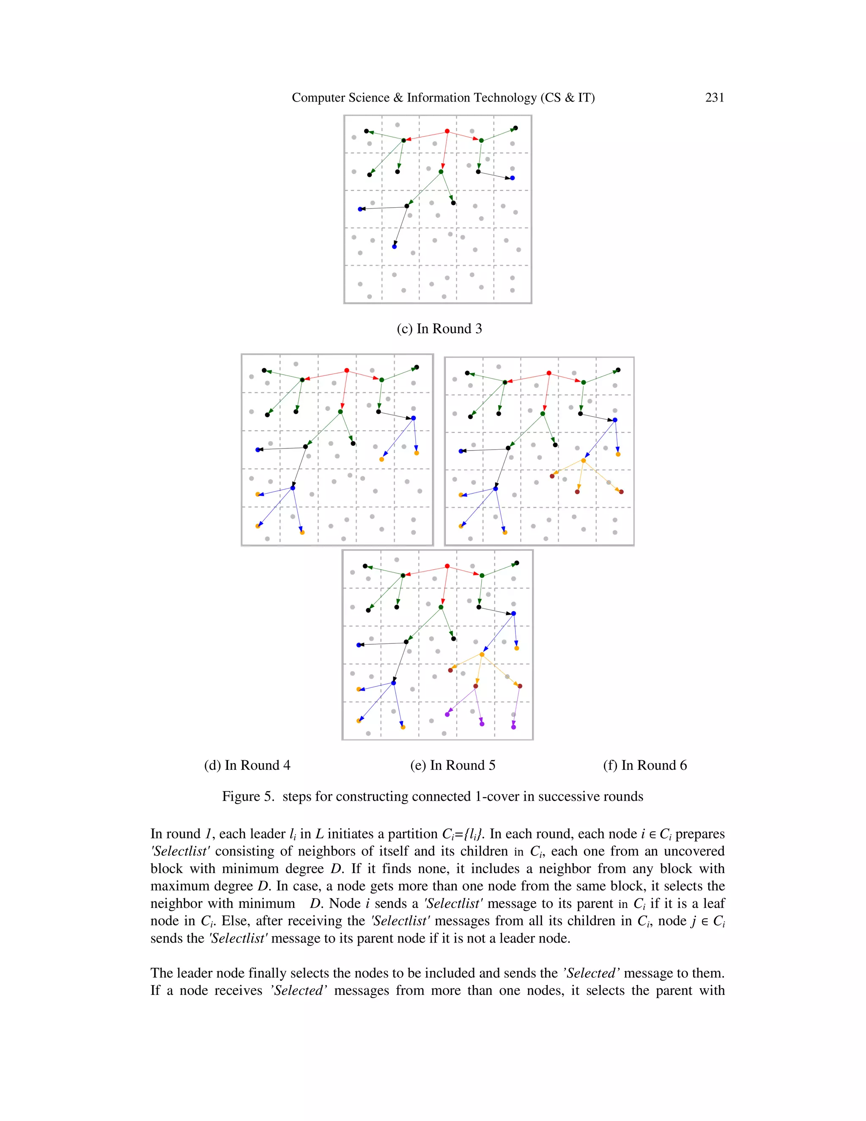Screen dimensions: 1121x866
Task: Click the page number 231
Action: coord(714,98)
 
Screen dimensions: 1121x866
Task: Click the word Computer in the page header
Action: coord(315,98)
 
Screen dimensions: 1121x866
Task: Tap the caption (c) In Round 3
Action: coord(439,329)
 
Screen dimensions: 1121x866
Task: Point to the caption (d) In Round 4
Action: coord(247,765)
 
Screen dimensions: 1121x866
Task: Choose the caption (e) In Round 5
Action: coord(452,765)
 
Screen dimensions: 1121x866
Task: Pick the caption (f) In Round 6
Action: coord(645,765)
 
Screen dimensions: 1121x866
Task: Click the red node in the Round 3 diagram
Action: coord(447,132)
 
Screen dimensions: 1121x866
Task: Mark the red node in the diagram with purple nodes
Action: coord(447,566)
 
